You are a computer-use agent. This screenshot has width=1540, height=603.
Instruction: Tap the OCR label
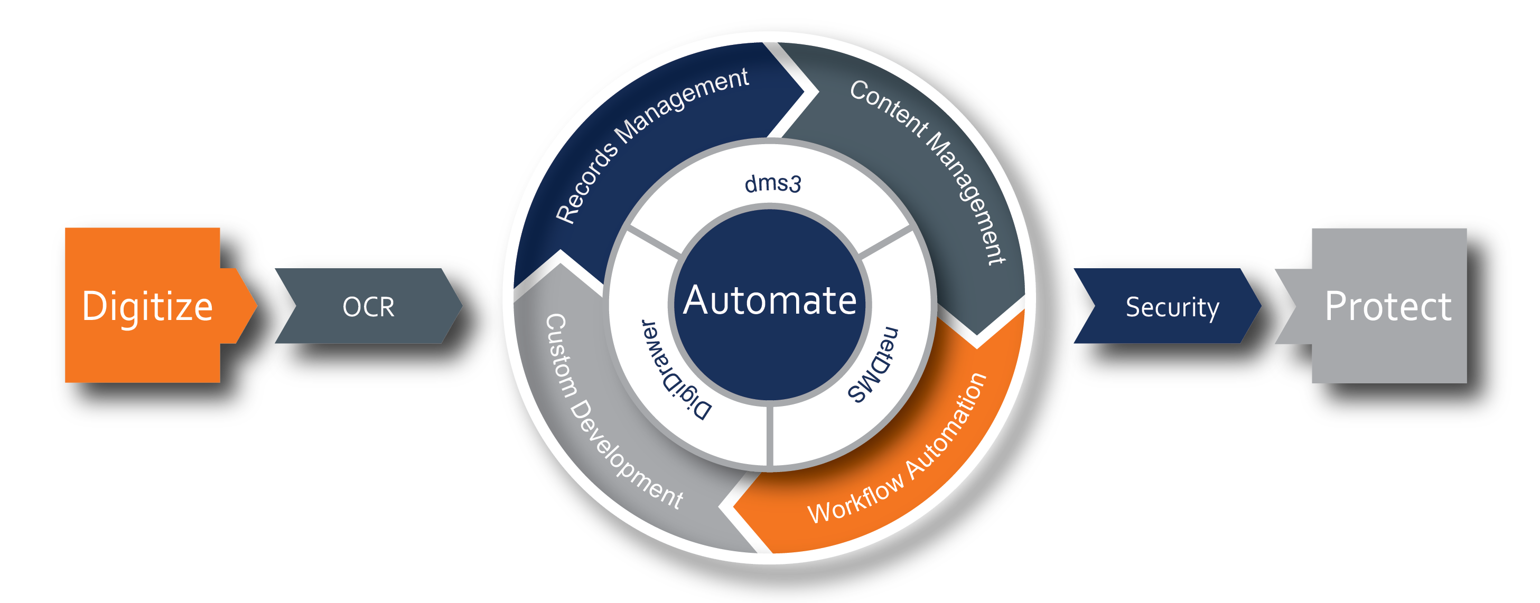[x=368, y=307]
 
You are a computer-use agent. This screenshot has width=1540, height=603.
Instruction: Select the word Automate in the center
[x=770, y=300]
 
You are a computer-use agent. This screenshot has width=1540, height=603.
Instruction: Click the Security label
[x=1172, y=307]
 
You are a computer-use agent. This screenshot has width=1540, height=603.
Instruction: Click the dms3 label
[x=772, y=183]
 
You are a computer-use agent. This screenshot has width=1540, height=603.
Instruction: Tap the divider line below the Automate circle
[x=770, y=435]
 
